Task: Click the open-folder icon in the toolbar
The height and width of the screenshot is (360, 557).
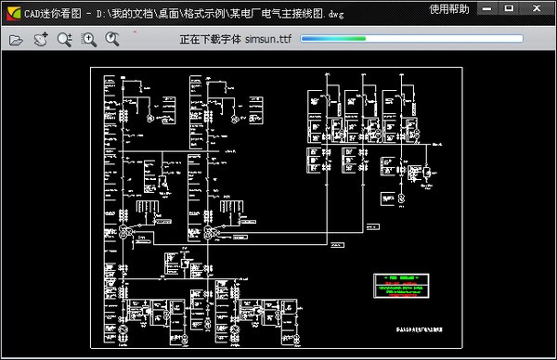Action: click(16, 40)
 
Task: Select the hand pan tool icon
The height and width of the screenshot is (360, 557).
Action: click(41, 40)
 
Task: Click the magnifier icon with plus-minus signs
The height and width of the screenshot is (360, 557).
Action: click(64, 40)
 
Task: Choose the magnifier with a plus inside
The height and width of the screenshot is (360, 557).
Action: click(89, 40)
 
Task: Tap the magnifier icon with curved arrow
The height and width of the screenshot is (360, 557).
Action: click(112, 40)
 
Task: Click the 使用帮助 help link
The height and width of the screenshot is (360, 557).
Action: click(449, 9)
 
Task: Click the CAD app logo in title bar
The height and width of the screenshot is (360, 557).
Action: click(12, 9)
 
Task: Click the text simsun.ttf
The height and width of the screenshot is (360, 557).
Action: click(261, 41)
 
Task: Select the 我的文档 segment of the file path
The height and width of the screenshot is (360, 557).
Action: click(133, 9)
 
